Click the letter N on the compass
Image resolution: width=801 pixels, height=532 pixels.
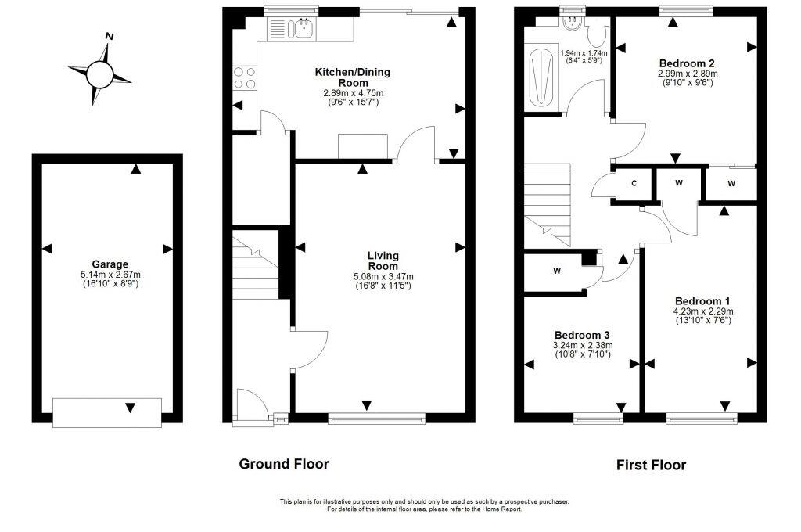point(110,36)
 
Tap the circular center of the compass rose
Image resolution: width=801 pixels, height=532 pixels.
point(99,74)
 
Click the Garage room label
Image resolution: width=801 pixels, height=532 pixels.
point(108,264)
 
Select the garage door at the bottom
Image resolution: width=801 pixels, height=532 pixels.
point(107,412)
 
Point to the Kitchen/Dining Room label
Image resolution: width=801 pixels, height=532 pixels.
point(352,77)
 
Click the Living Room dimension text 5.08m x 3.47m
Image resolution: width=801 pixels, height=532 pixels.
point(383,276)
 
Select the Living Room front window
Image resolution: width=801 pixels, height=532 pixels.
point(377,419)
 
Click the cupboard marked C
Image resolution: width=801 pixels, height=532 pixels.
point(634,185)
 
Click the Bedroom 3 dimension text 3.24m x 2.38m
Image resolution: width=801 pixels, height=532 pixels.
point(584,345)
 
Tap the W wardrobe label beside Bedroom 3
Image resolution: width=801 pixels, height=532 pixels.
point(557,271)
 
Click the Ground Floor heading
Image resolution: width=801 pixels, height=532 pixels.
point(284,464)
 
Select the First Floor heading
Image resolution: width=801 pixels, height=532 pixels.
point(651,465)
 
